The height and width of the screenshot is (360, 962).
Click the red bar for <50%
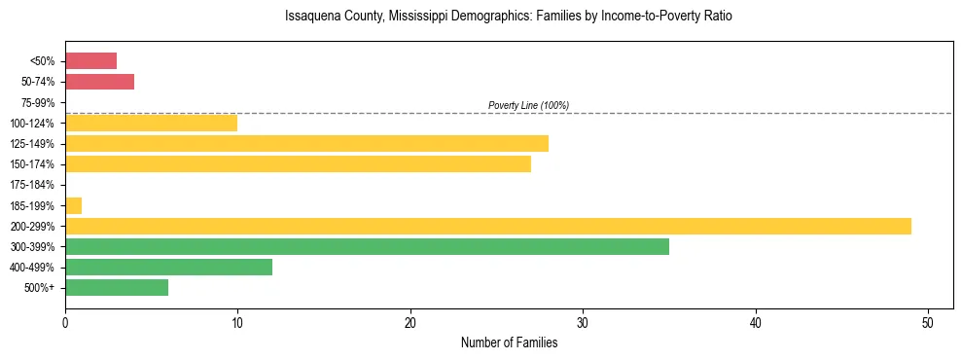pos(90,61)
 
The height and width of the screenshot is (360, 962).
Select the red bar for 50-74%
pos(99,82)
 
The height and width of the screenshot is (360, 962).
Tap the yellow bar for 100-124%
pos(151,123)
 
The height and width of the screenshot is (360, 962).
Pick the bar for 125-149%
pos(306,144)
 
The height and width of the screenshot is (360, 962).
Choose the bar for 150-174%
pos(298,164)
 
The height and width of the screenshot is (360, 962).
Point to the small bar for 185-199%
pos(73,205)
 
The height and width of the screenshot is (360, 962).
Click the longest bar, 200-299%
pos(487,226)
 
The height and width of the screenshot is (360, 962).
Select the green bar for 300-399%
pos(367,246)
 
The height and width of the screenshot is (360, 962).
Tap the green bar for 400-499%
pos(168,267)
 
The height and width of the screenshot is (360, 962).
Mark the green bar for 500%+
pos(117,287)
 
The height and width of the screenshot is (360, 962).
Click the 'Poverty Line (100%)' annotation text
pos(528,105)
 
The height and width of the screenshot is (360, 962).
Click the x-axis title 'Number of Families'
pos(509,342)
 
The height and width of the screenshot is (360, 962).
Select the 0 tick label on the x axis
pos(65,322)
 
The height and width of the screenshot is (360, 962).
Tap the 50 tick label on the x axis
pos(928,322)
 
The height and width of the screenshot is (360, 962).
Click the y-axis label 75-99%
pos(38,102)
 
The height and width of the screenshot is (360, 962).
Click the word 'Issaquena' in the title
pos(312,17)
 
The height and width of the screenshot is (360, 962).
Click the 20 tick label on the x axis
pos(410,322)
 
